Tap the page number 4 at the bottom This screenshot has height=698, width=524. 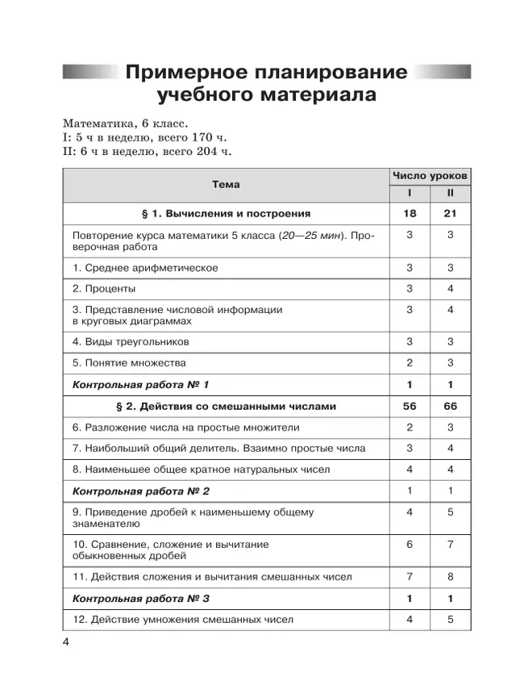click(67, 642)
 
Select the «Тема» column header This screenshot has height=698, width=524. click(226, 185)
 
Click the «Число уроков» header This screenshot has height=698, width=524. click(430, 175)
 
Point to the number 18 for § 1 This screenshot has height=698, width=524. click(410, 214)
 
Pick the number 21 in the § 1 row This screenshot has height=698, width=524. click(451, 214)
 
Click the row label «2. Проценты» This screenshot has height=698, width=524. click(104, 288)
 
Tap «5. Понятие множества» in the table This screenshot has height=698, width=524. click(129, 363)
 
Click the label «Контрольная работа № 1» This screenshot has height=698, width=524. click(141, 385)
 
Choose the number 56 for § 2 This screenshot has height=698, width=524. click(410, 406)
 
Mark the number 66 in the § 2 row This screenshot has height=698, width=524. click(451, 406)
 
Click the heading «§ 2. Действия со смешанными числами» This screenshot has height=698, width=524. click(227, 406)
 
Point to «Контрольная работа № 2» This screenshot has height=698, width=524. click(141, 491)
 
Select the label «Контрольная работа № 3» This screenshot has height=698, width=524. click(141, 599)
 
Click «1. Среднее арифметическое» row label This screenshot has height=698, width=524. click(145, 268)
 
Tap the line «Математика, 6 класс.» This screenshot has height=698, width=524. click(124, 124)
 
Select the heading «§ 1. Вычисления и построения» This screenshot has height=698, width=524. click(226, 214)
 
